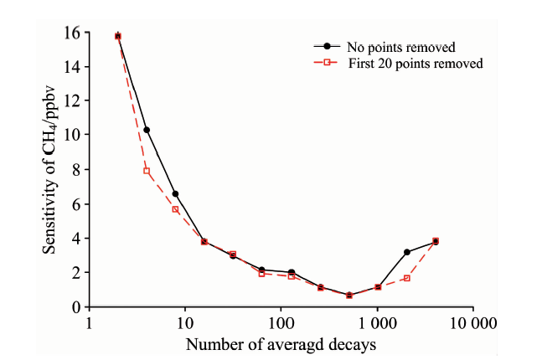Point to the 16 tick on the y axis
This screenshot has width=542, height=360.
coord(74,33)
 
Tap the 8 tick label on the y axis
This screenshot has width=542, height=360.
coord(76,170)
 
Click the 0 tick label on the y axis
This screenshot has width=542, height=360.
coord(76,307)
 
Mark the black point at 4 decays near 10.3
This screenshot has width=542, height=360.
coord(147,130)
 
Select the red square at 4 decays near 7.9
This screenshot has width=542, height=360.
coord(147,171)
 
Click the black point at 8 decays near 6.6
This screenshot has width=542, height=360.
coord(175,193)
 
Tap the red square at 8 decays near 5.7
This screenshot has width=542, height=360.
coord(175,208)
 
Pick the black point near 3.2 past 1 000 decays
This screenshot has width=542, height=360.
coord(406,252)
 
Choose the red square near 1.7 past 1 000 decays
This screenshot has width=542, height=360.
coord(406,278)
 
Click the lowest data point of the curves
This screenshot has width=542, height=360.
coord(349,296)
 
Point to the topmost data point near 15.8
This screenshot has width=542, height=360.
coord(118,36)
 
